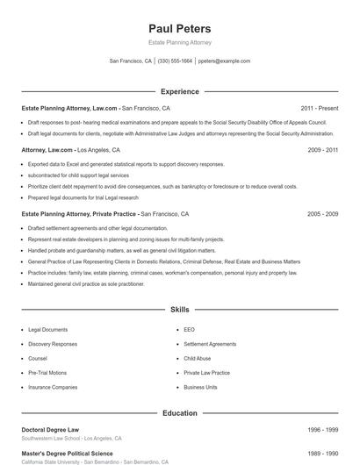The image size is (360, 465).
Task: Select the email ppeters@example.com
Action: (x=224, y=61)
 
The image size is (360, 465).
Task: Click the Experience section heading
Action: (x=179, y=91)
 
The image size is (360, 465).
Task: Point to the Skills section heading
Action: (x=179, y=310)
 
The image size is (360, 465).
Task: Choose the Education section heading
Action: (x=179, y=412)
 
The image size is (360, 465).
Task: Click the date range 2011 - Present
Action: (x=319, y=108)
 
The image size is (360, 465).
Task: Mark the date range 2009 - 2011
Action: (x=322, y=150)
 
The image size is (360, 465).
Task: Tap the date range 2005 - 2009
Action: (x=322, y=214)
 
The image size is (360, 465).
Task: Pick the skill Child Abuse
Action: (x=197, y=359)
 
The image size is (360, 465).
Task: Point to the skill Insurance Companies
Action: (x=53, y=387)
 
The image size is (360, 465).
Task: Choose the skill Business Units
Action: (x=200, y=387)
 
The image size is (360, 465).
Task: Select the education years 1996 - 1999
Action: (x=322, y=430)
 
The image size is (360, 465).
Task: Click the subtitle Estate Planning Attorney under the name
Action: (x=179, y=42)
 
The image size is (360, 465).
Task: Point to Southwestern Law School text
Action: (x=53, y=438)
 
